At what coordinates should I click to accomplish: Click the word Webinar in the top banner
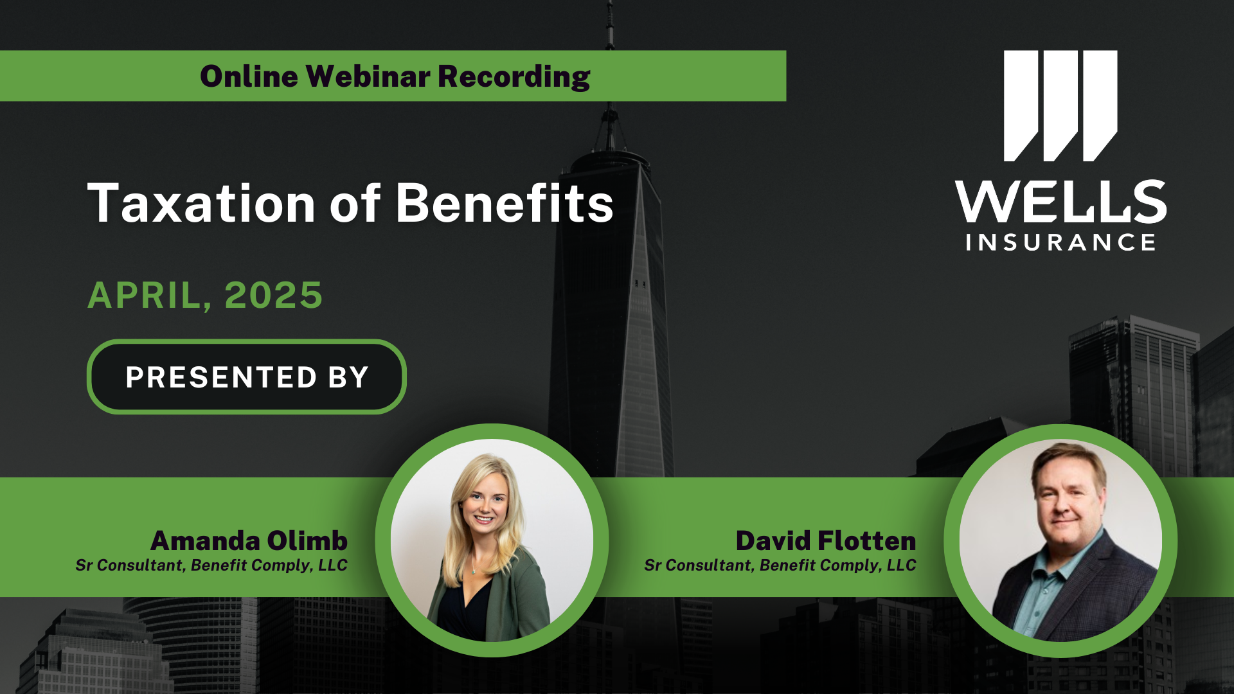tap(368, 76)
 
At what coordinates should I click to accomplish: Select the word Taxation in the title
tap(202, 204)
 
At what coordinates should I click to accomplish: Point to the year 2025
tap(273, 295)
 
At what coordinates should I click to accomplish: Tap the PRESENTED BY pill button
tap(247, 377)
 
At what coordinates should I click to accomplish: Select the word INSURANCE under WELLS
tap(1060, 242)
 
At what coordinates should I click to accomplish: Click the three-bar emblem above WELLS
tap(1060, 106)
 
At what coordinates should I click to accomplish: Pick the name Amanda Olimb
tap(249, 540)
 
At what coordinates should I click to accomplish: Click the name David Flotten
tap(826, 540)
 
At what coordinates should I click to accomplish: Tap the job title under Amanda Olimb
tap(211, 565)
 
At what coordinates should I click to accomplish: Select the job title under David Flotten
tap(780, 565)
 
